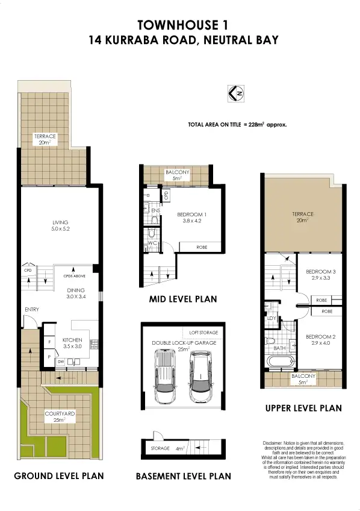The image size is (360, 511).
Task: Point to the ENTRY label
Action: pos(31,310)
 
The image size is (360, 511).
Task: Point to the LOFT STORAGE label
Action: pos(203,332)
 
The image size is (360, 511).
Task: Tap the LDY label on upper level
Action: pos(271,318)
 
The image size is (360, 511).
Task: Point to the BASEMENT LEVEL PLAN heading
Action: pos(183,476)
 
